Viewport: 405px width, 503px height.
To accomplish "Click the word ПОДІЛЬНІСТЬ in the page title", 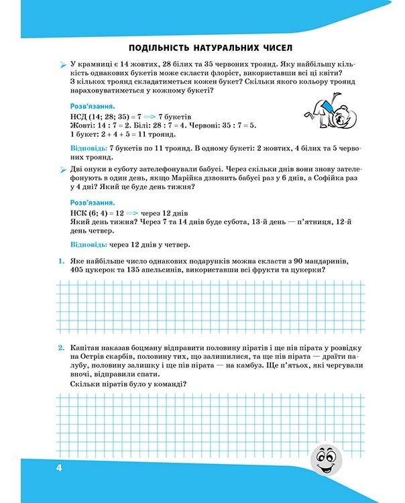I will coord(162,48).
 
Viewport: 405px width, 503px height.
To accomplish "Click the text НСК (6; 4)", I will coord(95,213).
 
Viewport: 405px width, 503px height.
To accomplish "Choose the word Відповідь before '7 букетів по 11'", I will coord(87,147).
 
